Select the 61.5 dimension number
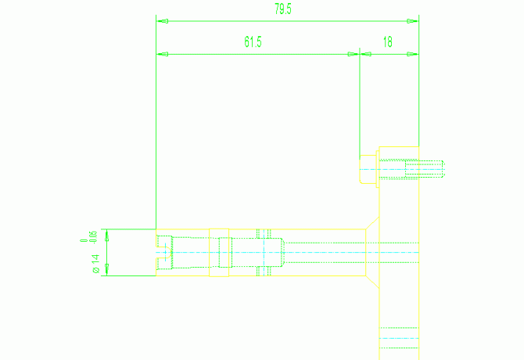tap(253, 42)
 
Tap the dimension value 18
tap(389, 42)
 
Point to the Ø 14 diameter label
tap(95, 264)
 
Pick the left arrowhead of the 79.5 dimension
tap(162, 20)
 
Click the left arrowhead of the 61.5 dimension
tap(162, 54)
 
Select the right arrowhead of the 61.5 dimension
tap(353, 54)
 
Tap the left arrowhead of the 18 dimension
tap(364, 54)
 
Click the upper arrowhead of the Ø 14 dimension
tap(106, 234)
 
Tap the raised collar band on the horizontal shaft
tap(264, 253)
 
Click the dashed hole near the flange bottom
tap(399, 338)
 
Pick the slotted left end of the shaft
tap(164, 253)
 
